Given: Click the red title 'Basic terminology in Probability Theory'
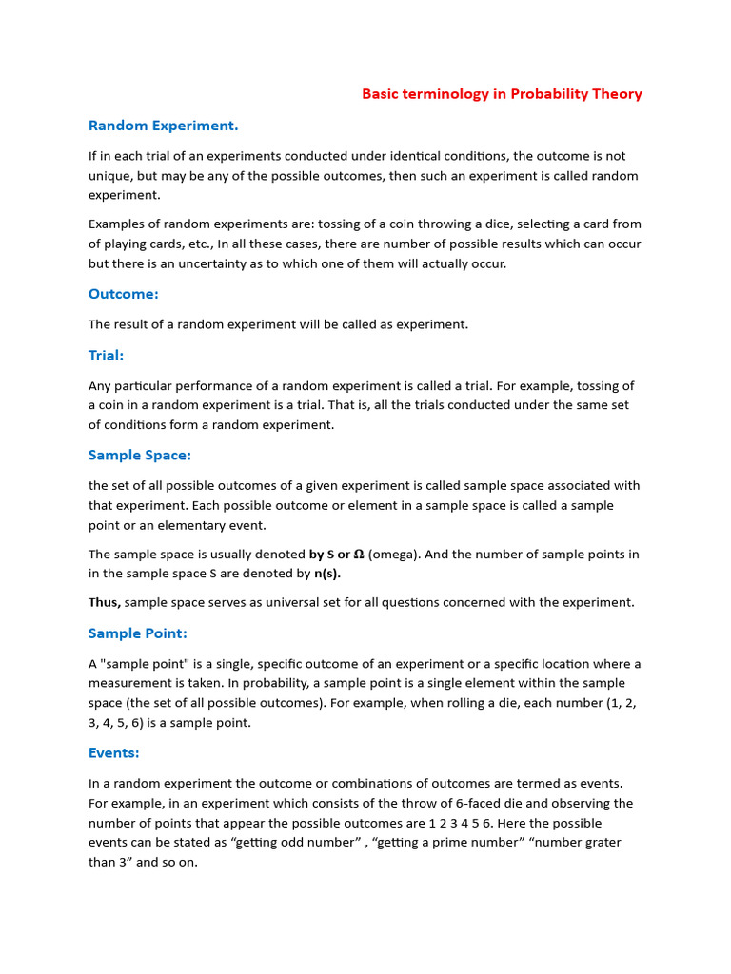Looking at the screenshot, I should click(502, 94).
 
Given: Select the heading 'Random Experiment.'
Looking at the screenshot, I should click(163, 126).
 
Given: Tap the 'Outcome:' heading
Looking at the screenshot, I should click(124, 294).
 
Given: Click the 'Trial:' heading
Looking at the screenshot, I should click(107, 356).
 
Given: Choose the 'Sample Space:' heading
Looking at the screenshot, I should click(140, 456).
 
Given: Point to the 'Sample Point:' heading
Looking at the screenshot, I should click(138, 633).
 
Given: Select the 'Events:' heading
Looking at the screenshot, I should click(114, 753).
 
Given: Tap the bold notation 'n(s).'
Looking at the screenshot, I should click(327, 574).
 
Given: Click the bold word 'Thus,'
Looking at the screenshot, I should click(105, 602).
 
